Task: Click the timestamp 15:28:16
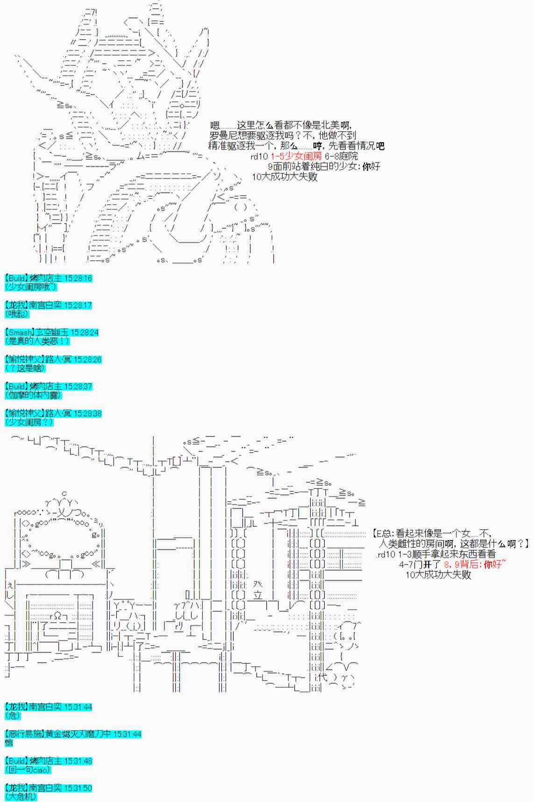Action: click(x=78, y=278)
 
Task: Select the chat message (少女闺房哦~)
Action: click(x=31, y=287)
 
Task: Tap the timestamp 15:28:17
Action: click(x=78, y=305)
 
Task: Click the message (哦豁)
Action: click(x=17, y=314)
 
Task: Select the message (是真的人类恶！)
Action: click(x=37, y=341)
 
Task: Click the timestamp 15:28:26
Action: click(x=87, y=359)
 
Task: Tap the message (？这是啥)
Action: click(x=25, y=368)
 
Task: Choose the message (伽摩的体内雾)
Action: click(x=33, y=395)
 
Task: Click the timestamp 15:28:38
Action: click(x=87, y=414)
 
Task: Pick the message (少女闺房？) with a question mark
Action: click(x=29, y=422)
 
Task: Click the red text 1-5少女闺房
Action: click(x=296, y=156)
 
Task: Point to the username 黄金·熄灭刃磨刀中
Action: click(x=78, y=734)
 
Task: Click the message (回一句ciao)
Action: click(x=28, y=770)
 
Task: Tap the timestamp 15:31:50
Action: click(x=78, y=788)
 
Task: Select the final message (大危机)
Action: click(x=21, y=797)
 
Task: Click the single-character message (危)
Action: click(x=13, y=716)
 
